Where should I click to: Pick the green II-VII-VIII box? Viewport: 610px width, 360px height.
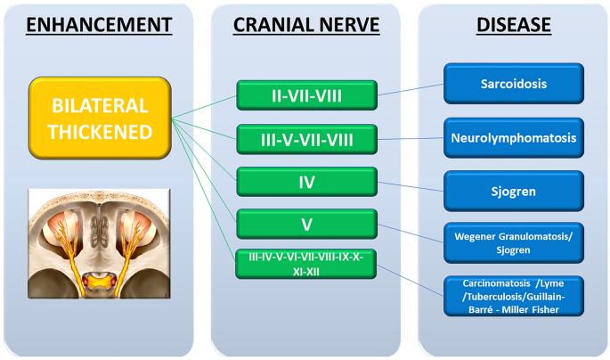pos(306,94)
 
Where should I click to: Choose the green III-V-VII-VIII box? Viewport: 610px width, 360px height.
pos(306,139)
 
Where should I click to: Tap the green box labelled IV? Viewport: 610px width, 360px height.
pos(306,182)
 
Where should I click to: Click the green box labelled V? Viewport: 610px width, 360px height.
pos(306,223)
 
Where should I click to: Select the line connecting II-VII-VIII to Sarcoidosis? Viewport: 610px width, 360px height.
pos(411,89)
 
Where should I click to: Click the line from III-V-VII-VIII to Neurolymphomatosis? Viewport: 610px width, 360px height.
pos(411,138)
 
